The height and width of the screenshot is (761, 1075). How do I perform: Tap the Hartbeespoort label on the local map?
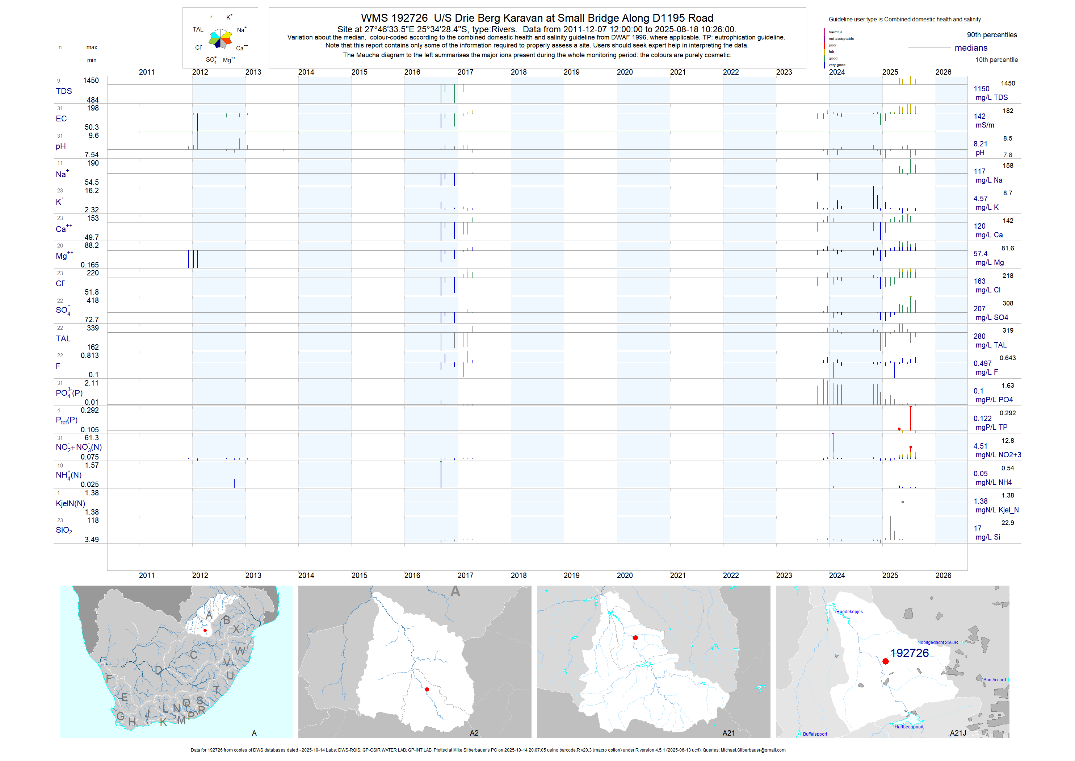tap(908, 727)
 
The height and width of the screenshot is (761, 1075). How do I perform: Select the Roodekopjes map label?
tap(849, 612)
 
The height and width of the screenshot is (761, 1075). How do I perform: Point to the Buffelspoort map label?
tap(815, 734)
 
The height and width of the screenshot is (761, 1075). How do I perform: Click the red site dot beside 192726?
tap(885, 661)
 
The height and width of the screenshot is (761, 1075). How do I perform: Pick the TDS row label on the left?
tap(64, 91)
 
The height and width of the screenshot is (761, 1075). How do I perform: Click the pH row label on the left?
tap(61, 146)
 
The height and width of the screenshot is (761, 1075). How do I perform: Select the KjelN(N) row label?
tap(70, 503)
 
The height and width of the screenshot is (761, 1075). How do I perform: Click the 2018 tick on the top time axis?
tap(518, 72)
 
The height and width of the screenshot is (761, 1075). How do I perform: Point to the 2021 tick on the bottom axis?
tap(677, 575)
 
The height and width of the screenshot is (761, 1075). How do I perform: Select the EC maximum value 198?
tap(93, 108)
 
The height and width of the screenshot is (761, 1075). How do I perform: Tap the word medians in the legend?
tap(971, 48)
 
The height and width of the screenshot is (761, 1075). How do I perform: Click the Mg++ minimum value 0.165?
tap(89, 265)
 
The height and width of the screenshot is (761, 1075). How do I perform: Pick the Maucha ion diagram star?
tap(221, 38)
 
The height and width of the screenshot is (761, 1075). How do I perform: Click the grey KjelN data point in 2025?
tap(902, 502)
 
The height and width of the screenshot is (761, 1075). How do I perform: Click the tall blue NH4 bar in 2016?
tap(441, 474)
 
